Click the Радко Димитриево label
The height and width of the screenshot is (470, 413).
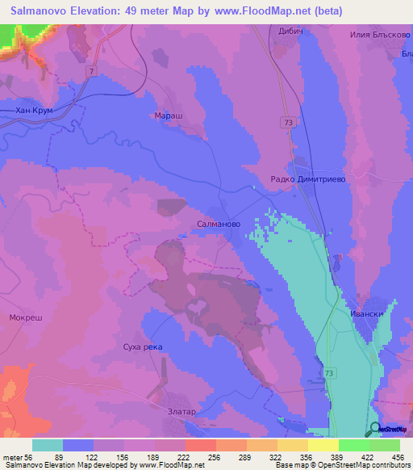pos(307,181)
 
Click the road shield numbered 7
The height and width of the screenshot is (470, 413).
pos(92,73)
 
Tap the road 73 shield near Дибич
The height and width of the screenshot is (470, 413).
pos(289,122)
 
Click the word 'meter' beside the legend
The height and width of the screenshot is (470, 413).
pos(15,456)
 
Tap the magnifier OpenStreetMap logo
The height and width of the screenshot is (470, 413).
pos(374,430)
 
